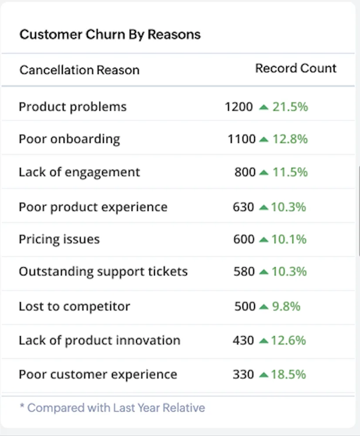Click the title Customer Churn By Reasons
click(110, 35)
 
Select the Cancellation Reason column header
click(79, 70)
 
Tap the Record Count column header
click(295, 69)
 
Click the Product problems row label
click(72, 107)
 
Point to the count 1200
click(239, 107)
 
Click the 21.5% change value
click(290, 107)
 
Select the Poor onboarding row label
click(69, 139)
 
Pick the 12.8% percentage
click(290, 139)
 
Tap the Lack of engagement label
click(79, 172)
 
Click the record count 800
click(245, 172)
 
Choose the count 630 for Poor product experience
click(243, 207)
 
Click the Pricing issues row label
click(59, 240)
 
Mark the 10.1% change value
click(289, 240)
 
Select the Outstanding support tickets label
click(103, 272)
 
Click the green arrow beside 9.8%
click(263, 306)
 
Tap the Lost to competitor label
click(75, 306)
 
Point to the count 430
click(243, 341)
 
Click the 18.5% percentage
click(288, 375)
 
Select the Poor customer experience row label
click(98, 375)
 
